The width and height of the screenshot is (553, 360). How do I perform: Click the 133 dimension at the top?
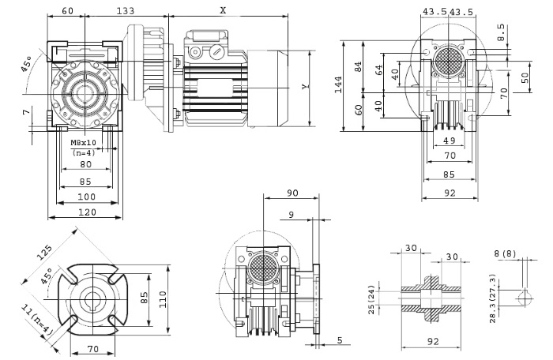[x=126, y=10]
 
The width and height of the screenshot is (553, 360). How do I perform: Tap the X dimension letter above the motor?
[x=223, y=10]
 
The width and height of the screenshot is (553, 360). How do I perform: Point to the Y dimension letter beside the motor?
[x=305, y=87]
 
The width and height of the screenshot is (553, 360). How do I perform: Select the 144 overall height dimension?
[x=339, y=84]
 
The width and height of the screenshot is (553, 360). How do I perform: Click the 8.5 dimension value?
[x=501, y=32]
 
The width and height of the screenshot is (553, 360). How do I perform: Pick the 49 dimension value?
[x=450, y=141]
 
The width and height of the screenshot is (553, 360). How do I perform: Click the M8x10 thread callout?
[x=83, y=143]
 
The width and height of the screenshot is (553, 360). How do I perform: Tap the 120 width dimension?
[x=87, y=212]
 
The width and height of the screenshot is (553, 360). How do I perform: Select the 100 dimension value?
[x=87, y=197]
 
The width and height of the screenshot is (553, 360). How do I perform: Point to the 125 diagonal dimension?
[x=45, y=252]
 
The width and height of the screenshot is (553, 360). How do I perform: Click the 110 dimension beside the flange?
[x=163, y=299]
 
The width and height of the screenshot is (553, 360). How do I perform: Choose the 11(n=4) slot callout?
[x=36, y=320]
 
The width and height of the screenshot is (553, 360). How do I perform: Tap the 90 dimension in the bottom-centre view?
[x=292, y=193]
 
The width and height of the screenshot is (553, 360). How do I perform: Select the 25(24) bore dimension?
[x=372, y=300]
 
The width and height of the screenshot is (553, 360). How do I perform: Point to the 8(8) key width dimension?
[x=505, y=253]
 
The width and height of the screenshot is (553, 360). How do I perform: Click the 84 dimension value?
[x=358, y=67]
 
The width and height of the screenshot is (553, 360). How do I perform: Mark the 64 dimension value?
[x=378, y=70]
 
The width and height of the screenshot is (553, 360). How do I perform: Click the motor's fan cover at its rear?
[x=268, y=88]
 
